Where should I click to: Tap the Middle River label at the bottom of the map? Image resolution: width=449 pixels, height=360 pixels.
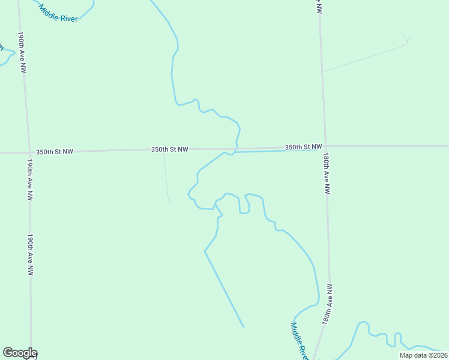point(299,341)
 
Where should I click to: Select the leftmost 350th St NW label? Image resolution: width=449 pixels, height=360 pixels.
point(54,152)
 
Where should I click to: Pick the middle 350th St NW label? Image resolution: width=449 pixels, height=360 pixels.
point(170,149)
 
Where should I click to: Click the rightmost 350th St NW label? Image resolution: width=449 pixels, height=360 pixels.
point(303,146)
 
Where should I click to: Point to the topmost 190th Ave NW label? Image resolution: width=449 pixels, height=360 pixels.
point(22,52)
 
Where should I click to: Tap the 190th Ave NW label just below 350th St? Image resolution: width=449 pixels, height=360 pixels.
point(29,179)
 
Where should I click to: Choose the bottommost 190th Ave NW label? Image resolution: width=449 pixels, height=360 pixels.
point(29,254)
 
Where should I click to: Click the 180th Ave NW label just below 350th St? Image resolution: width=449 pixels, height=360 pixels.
point(326,172)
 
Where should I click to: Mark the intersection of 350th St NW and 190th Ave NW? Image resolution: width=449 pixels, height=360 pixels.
point(28,152)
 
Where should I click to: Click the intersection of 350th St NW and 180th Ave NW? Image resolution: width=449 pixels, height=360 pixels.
point(325,146)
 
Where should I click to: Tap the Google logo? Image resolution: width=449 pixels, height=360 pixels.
point(20,353)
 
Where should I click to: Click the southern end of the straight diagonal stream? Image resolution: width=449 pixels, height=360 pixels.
point(243,327)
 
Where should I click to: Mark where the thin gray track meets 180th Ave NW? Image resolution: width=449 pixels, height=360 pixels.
point(323,71)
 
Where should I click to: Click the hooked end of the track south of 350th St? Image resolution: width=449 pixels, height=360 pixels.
point(171,203)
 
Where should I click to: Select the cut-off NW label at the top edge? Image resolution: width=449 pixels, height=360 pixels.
point(318,7)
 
